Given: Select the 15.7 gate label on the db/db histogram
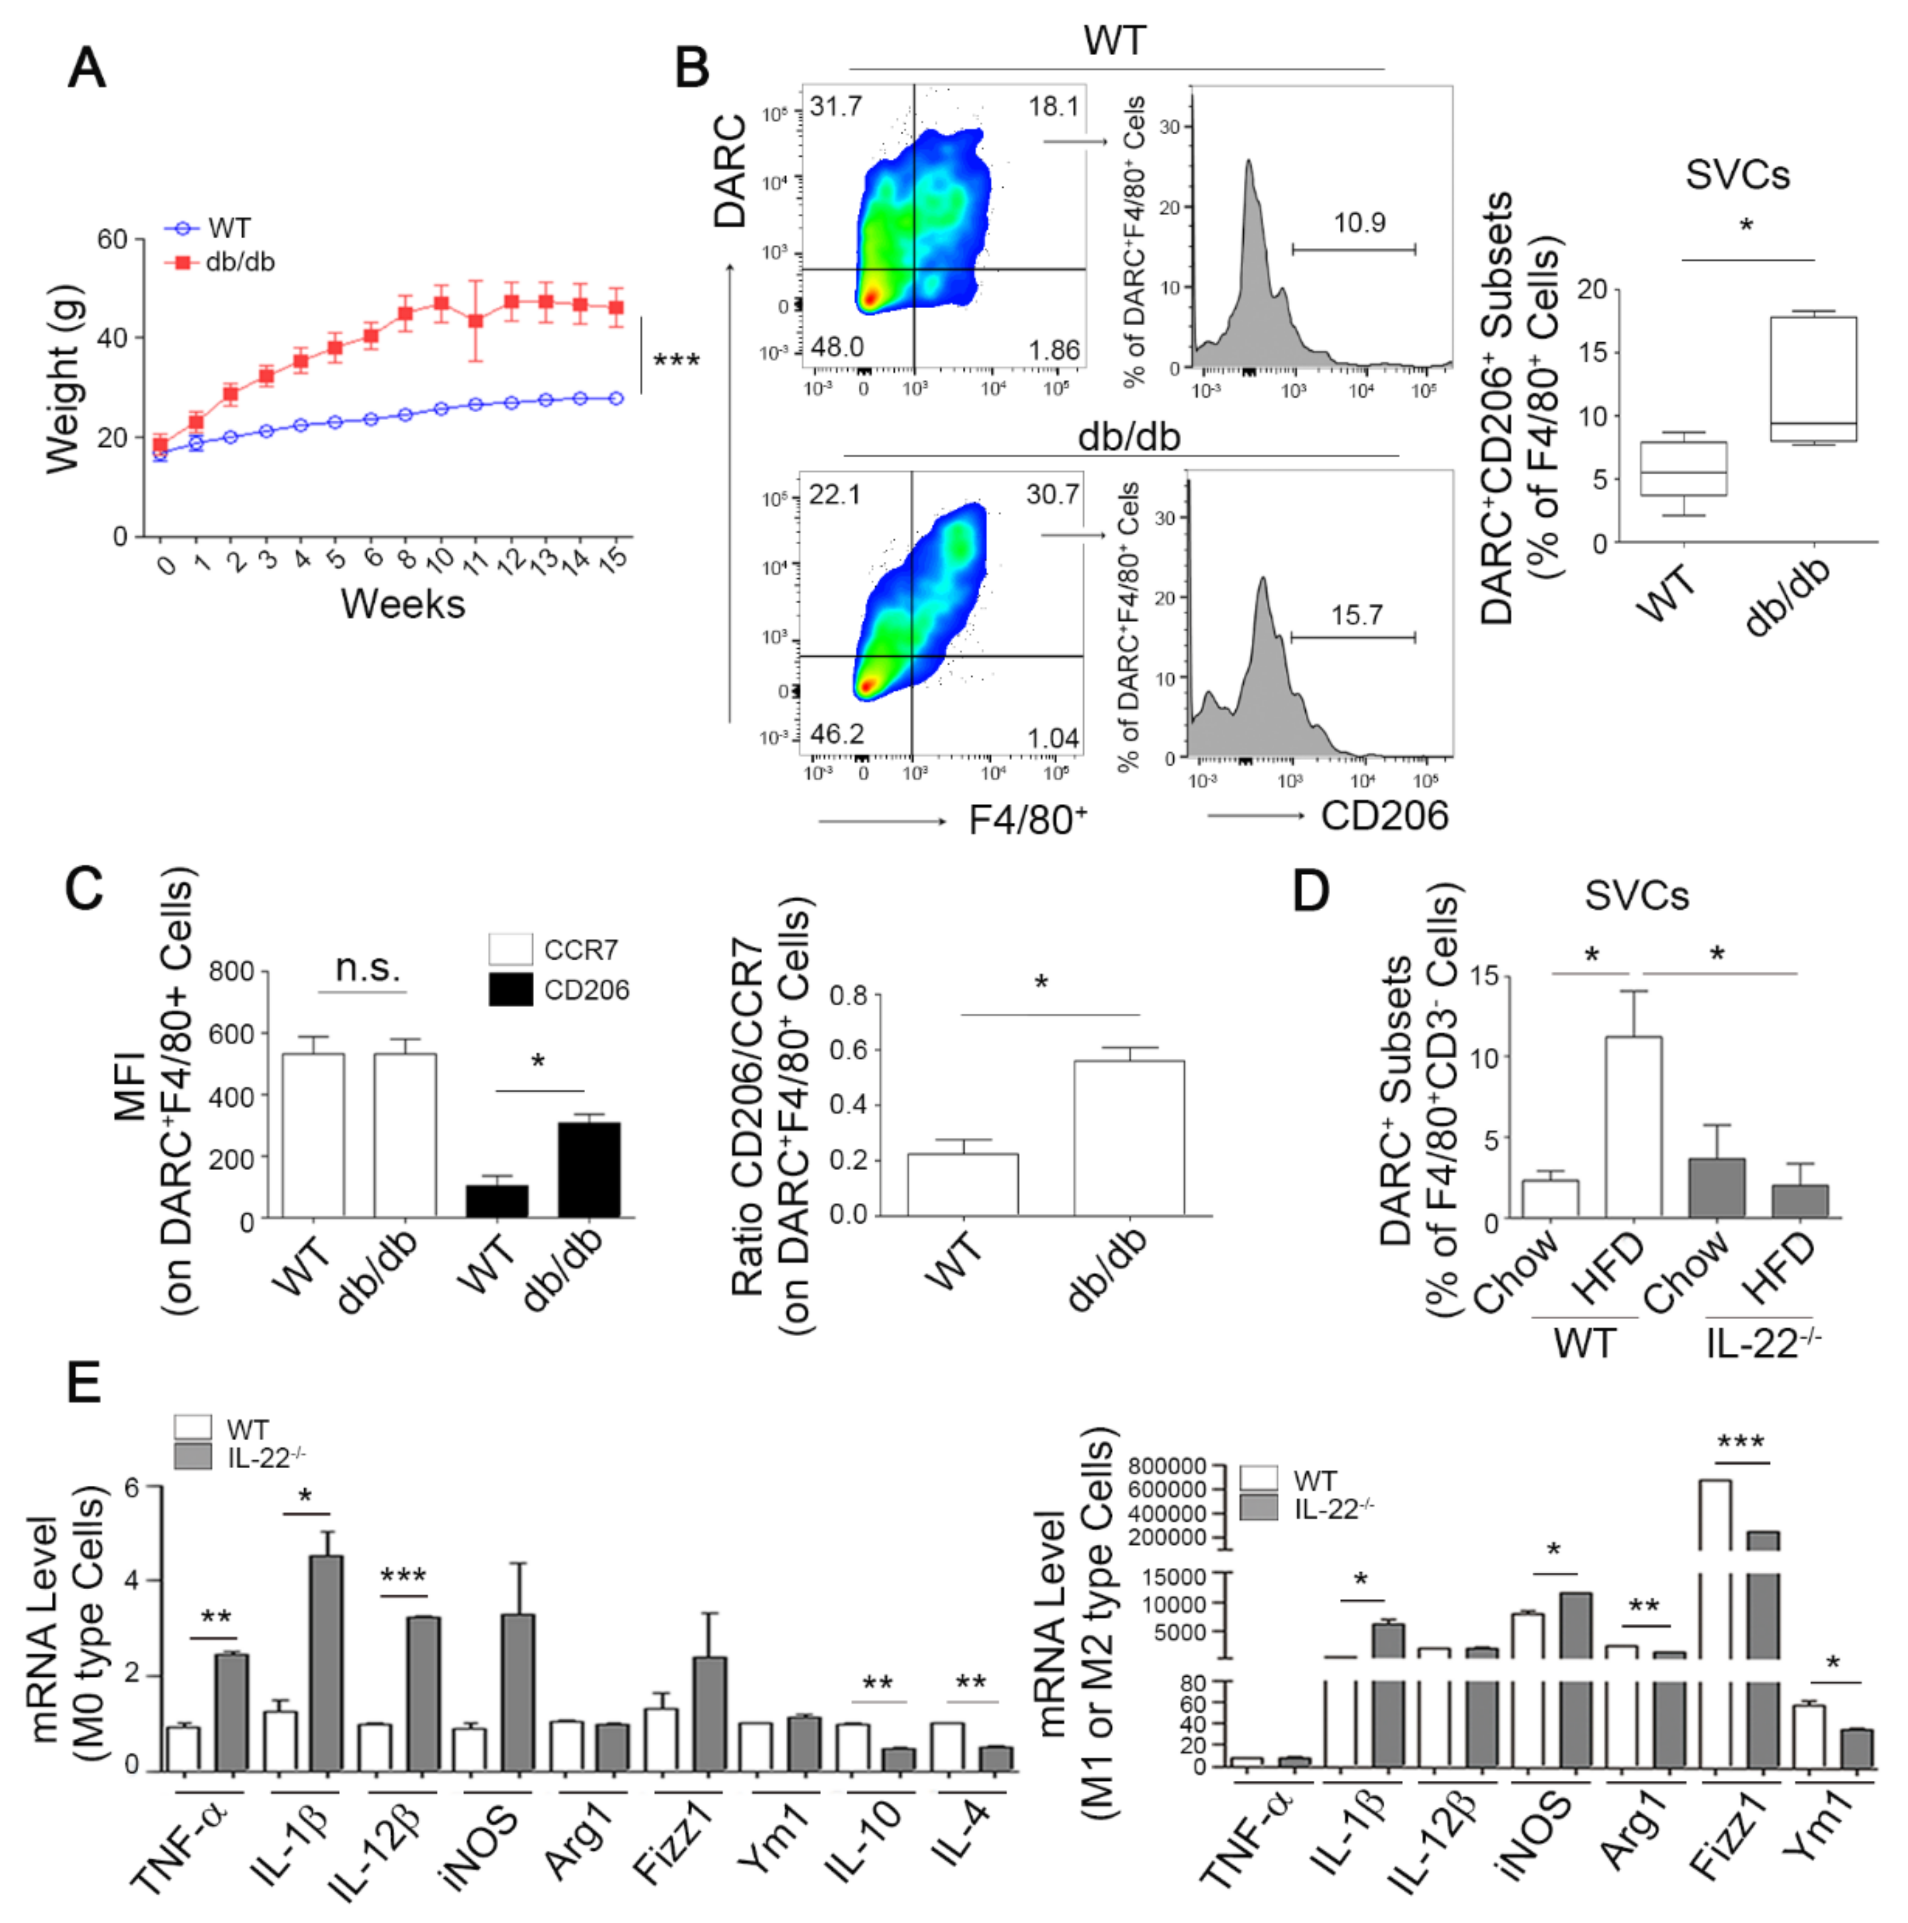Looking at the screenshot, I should tap(1356, 615).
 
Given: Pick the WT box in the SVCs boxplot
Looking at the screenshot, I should tap(1683, 469).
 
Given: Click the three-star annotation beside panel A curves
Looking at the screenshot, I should tap(676, 360).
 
